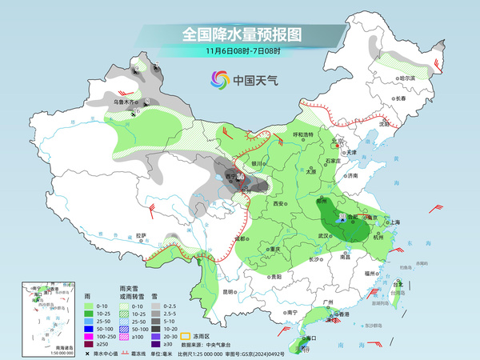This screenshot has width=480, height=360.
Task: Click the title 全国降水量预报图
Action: pyautogui.click(x=240, y=34)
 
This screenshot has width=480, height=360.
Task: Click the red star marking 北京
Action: pyautogui.click(x=336, y=142)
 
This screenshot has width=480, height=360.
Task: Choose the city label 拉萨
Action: pyautogui.click(x=142, y=236)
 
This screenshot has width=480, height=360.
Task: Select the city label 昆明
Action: pyautogui.click(x=230, y=291)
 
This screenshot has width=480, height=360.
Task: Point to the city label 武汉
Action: pyautogui.click(x=323, y=236)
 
